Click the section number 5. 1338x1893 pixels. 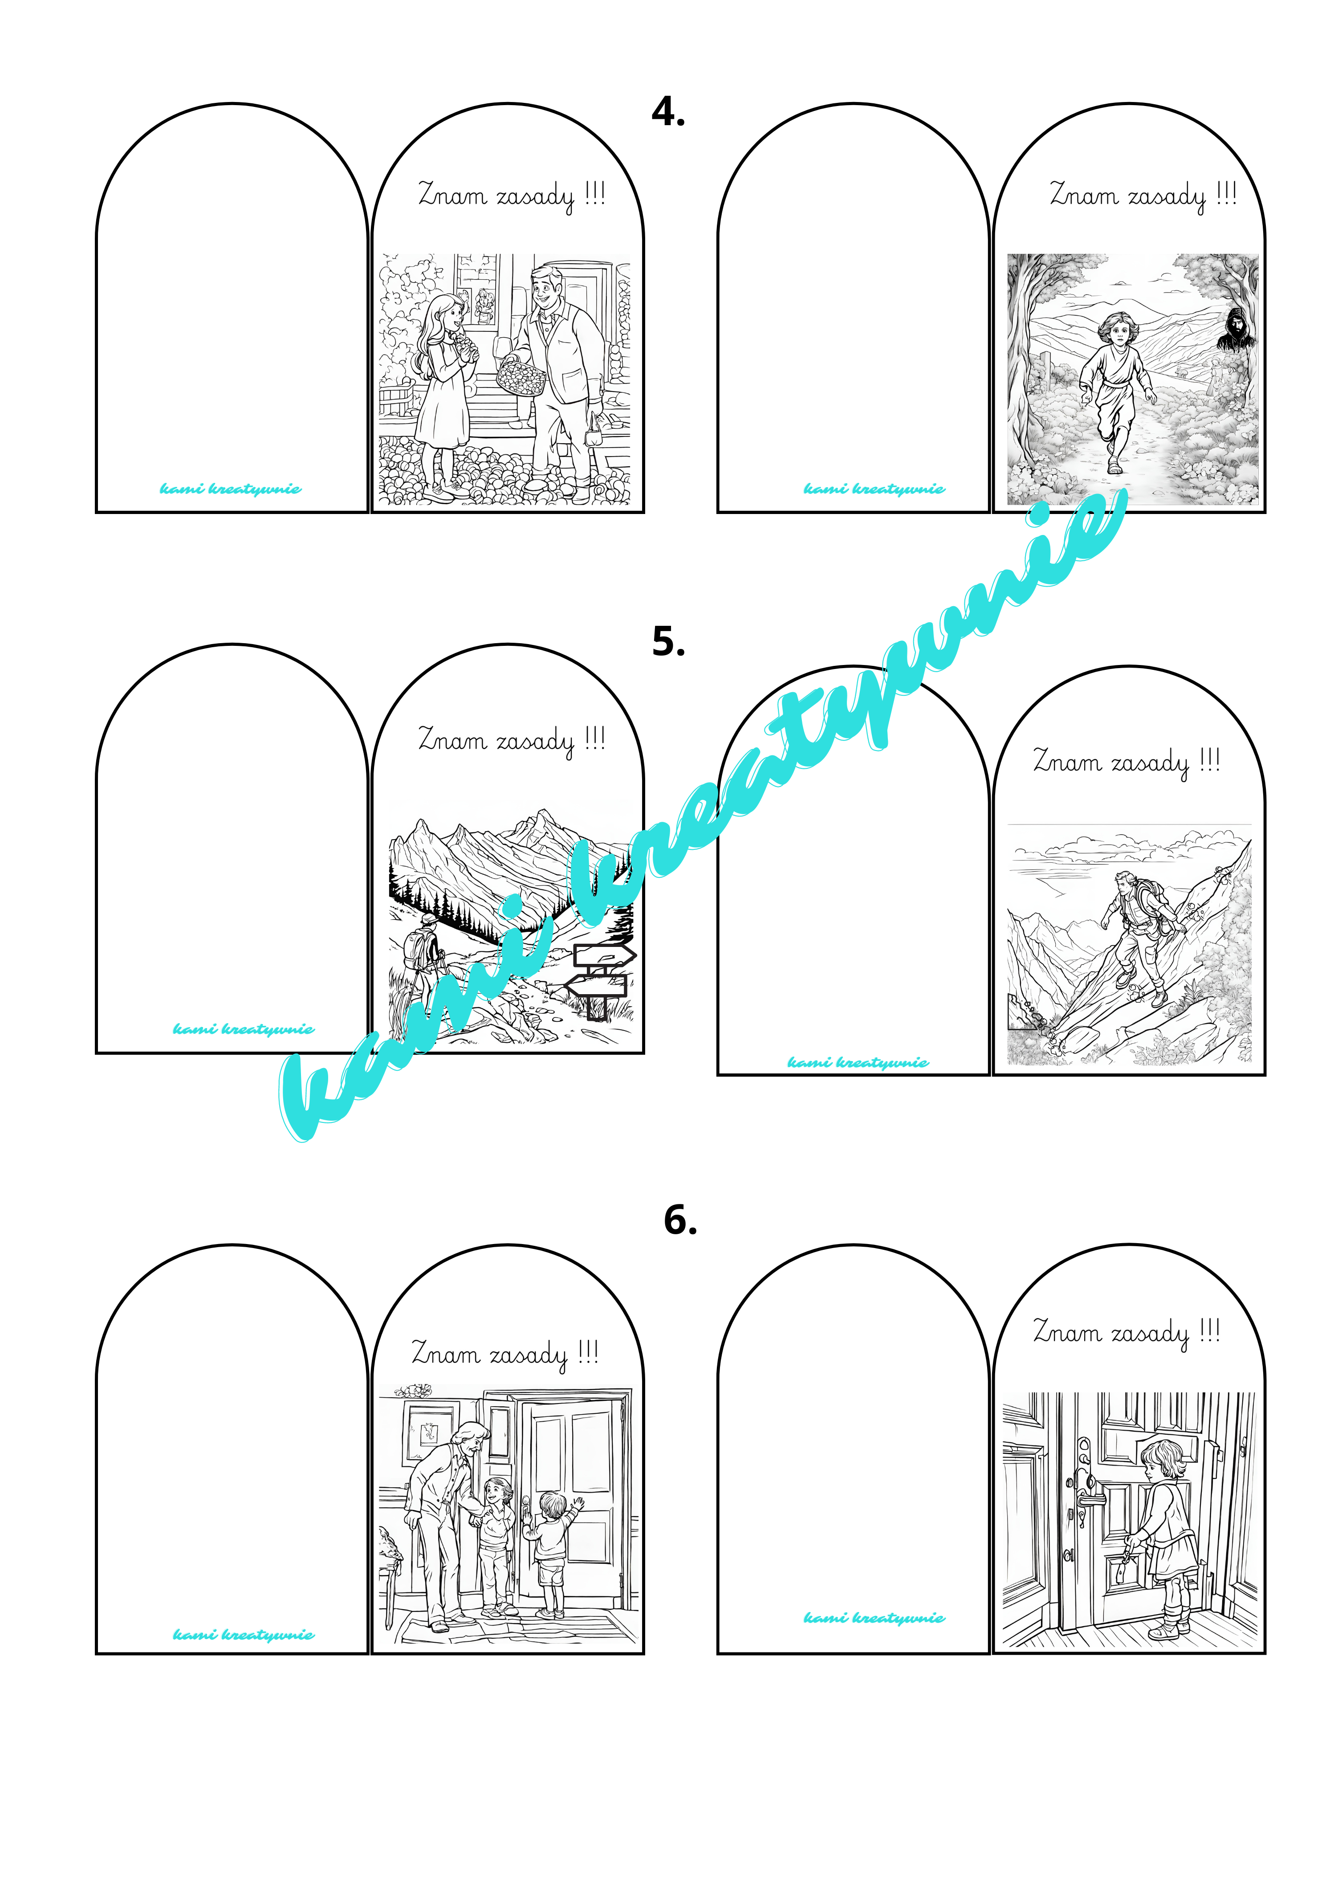pyautogui.click(x=668, y=641)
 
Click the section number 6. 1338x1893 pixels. pyautogui.click(x=680, y=1220)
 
